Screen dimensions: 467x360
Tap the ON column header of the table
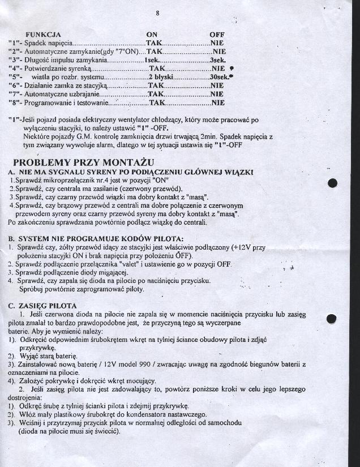[x=152, y=34]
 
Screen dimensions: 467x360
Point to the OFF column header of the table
[x=217, y=34]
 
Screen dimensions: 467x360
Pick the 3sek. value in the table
[x=218, y=59]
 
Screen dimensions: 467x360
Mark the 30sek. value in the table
[x=219, y=76]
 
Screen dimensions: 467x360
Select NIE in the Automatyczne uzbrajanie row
[x=217, y=94]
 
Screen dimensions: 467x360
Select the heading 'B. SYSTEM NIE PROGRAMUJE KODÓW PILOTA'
[x=95, y=238]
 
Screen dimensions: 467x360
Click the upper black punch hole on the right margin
[x=332, y=182]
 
